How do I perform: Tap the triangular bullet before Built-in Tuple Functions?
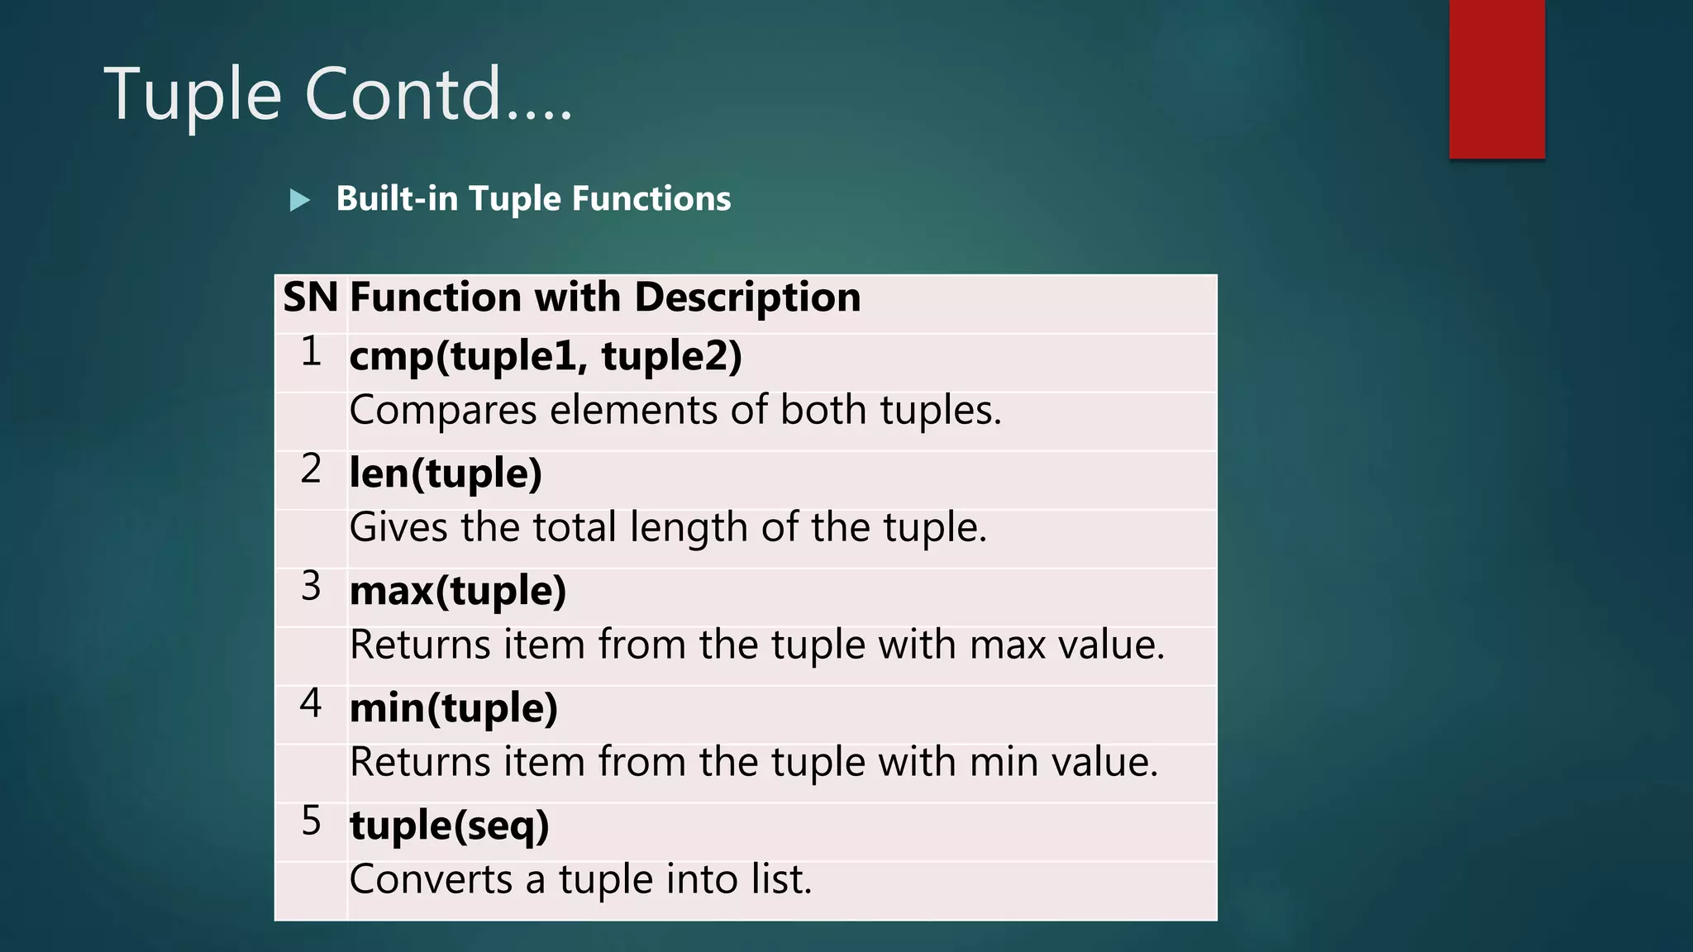point(300,200)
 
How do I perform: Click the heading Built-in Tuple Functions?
point(533,199)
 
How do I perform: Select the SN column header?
point(310,297)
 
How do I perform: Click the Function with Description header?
point(604,297)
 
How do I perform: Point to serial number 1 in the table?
point(311,352)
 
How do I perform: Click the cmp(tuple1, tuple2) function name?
point(546,356)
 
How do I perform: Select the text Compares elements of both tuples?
point(675,411)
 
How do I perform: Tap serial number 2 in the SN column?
point(311,469)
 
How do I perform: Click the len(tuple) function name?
point(446,474)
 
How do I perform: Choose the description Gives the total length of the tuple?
point(668,528)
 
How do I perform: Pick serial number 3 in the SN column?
point(311,587)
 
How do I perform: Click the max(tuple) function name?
point(458,591)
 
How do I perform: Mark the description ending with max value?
point(756,645)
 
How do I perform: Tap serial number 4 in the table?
point(311,704)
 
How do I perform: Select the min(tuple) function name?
point(454,708)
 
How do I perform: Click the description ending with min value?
point(753,763)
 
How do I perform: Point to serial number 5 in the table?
point(311,821)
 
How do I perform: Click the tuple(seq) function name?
point(449,826)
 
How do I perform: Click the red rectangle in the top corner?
point(1496,79)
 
